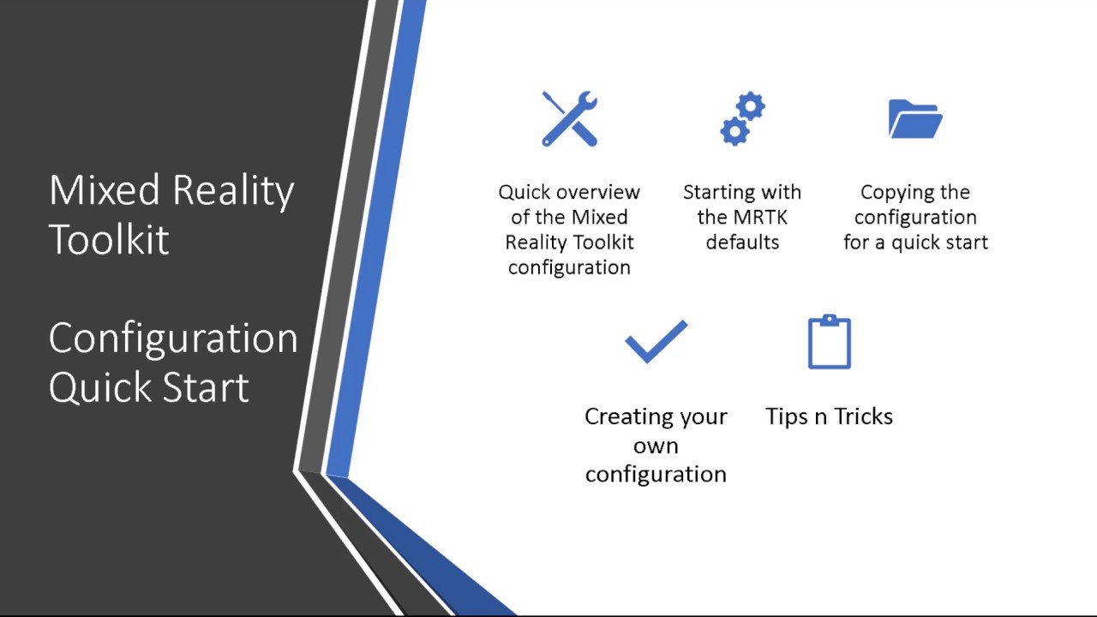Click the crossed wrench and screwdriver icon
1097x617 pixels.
pyautogui.click(x=570, y=119)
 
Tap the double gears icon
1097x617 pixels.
pyautogui.click(x=742, y=119)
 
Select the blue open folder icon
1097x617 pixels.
pyautogui.click(x=915, y=119)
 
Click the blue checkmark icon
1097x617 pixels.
pyautogui.click(x=656, y=342)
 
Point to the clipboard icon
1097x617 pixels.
pyautogui.click(x=830, y=342)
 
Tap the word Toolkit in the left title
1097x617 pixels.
pyautogui.click(x=109, y=239)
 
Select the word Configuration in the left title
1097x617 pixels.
pyautogui.click(x=173, y=338)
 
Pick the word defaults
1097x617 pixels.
pyautogui.click(x=742, y=242)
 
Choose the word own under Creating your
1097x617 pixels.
pyautogui.click(x=656, y=446)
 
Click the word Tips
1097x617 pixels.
pyautogui.click(x=786, y=416)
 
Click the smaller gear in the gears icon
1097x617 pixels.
pyautogui.click(x=734, y=131)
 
